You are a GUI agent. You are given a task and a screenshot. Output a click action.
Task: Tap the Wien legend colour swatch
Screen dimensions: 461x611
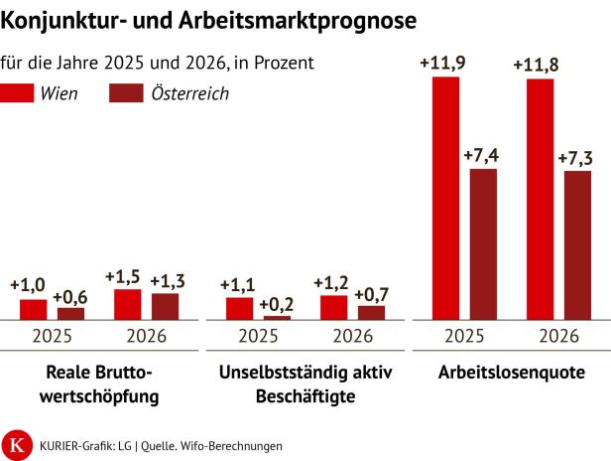[19, 93]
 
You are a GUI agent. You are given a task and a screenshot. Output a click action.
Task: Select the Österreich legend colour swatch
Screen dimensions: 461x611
[124, 93]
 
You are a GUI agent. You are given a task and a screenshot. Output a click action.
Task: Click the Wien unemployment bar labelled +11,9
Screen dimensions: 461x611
[446, 198]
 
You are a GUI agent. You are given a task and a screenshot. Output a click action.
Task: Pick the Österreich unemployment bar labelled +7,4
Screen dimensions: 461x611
[483, 244]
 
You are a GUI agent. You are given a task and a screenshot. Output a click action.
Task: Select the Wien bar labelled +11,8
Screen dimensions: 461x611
[541, 199]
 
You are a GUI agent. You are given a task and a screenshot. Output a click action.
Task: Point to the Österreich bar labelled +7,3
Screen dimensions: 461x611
[577, 245]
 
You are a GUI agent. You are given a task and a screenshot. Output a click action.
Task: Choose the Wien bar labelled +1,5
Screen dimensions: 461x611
[127, 304]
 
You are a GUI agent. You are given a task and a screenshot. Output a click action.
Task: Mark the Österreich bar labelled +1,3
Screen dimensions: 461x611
[166, 306]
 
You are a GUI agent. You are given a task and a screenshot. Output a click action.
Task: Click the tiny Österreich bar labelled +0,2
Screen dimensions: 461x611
[277, 318]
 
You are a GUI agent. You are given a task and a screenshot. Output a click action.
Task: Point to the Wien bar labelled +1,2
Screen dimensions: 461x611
[334, 307]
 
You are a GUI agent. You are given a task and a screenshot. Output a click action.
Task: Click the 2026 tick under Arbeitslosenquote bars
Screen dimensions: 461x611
[558, 336]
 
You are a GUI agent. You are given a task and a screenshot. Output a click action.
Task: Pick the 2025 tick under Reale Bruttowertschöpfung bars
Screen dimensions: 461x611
[51, 336]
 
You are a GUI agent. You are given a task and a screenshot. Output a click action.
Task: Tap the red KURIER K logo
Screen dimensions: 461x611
[17, 443]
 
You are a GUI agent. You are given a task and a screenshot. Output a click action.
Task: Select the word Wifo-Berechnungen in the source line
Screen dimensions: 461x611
[237, 445]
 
